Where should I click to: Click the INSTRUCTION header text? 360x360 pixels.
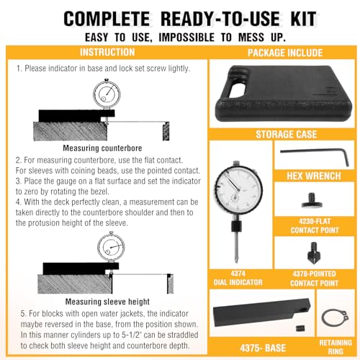click(x=107, y=53)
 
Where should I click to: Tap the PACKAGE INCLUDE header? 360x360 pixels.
click(x=285, y=53)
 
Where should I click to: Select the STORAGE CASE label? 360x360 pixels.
click(x=286, y=135)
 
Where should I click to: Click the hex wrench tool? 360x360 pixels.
click(x=315, y=153)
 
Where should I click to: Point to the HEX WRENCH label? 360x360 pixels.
click(x=314, y=176)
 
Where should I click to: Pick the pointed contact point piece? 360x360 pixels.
click(x=313, y=253)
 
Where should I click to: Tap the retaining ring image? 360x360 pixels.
click(x=323, y=318)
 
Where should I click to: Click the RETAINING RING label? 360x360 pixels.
click(x=336, y=347)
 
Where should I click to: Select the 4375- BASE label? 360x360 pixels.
click(x=263, y=348)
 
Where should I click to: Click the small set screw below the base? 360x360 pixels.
click(x=299, y=328)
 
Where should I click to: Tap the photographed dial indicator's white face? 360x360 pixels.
click(x=238, y=189)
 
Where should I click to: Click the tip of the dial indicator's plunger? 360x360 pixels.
click(x=237, y=262)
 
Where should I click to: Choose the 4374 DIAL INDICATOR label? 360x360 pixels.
click(x=238, y=278)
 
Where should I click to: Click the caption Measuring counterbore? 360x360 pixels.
click(x=102, y=148)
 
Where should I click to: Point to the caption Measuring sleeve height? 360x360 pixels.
click(x=107, y=302)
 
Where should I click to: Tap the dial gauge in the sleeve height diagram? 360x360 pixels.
click(x=111, y=247)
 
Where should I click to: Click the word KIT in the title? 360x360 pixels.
click(x=303, y=19)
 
